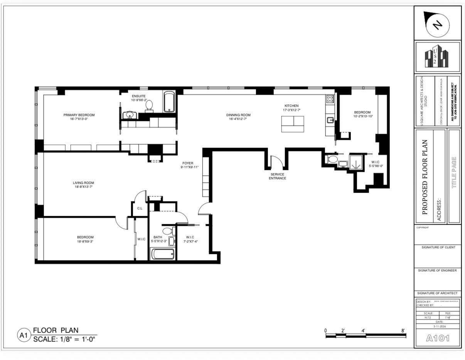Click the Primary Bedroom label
pyautogui.click(x=79, y=115)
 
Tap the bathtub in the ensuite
pyautogui.click(x=169, y=102)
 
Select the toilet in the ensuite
pyautogui.click(x=149, y=106)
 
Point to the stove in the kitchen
pyautogui.click(x=330, y=99)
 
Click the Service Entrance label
pyautogui.click(x=277, y=176)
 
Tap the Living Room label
pyautogui.click(x=83, y=183)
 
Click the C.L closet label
pyautogui.click(x=140, y=208)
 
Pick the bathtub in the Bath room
pyautogui.click(x=162, y=254)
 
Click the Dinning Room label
pyautogui.click(x=238, y=115)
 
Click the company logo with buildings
pyautogui.click(x=437, y=57)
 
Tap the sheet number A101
pyautogui.click(x=438, y=338)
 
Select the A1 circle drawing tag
pyautogui.click(x=24, y=335)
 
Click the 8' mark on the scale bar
pyautogui.click(x=403, y=330)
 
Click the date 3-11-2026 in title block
pyautogui.click(x=437, y=326)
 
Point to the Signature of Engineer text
pyautogui.click(x=437, y=271)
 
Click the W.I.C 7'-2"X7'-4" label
pyautogui.click(x=190, y=239)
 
